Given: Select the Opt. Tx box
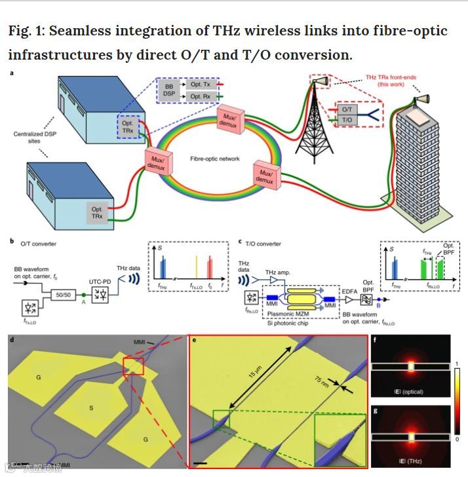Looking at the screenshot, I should pos(197,85).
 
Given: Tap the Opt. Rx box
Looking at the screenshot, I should pos(197,97).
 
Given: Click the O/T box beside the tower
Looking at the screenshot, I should pos(347,111).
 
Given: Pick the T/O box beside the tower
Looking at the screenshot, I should pos(347,122).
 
